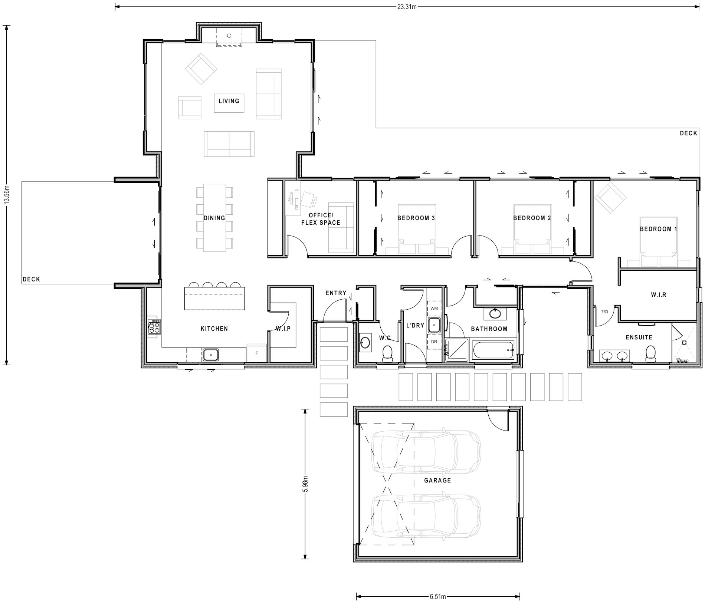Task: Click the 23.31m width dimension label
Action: coord(407,6)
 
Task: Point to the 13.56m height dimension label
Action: coord(6,196)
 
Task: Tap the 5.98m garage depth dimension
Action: coord(305,484)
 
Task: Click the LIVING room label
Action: coord(229,101)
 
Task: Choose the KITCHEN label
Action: coord(214,329)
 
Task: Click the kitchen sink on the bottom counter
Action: coord(210,355)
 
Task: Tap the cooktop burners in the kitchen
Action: coord(154,327)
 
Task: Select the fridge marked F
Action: coord(256,353)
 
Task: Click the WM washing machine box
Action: coord(434,309)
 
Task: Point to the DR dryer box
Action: coord(434,342)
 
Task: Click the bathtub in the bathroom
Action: coord(493,350)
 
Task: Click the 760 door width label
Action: coord(604,312)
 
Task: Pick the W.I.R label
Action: coord(659,295)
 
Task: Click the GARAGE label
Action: coord(437,480)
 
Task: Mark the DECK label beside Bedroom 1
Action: coord(688,133)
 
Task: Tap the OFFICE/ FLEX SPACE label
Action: coord(321,219)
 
